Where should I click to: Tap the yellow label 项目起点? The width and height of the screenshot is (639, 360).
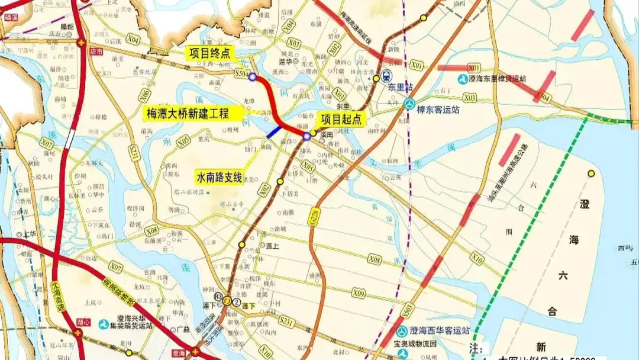pos(343,119)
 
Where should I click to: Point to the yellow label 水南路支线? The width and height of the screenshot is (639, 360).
pos(218,176)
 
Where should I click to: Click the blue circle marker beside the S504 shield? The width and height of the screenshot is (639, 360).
pos(253,77)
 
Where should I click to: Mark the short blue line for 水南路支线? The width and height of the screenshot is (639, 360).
pos(273,132)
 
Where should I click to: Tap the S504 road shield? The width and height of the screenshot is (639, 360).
pos(240,73)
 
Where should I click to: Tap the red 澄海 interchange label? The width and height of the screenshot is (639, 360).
pos(177,352)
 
